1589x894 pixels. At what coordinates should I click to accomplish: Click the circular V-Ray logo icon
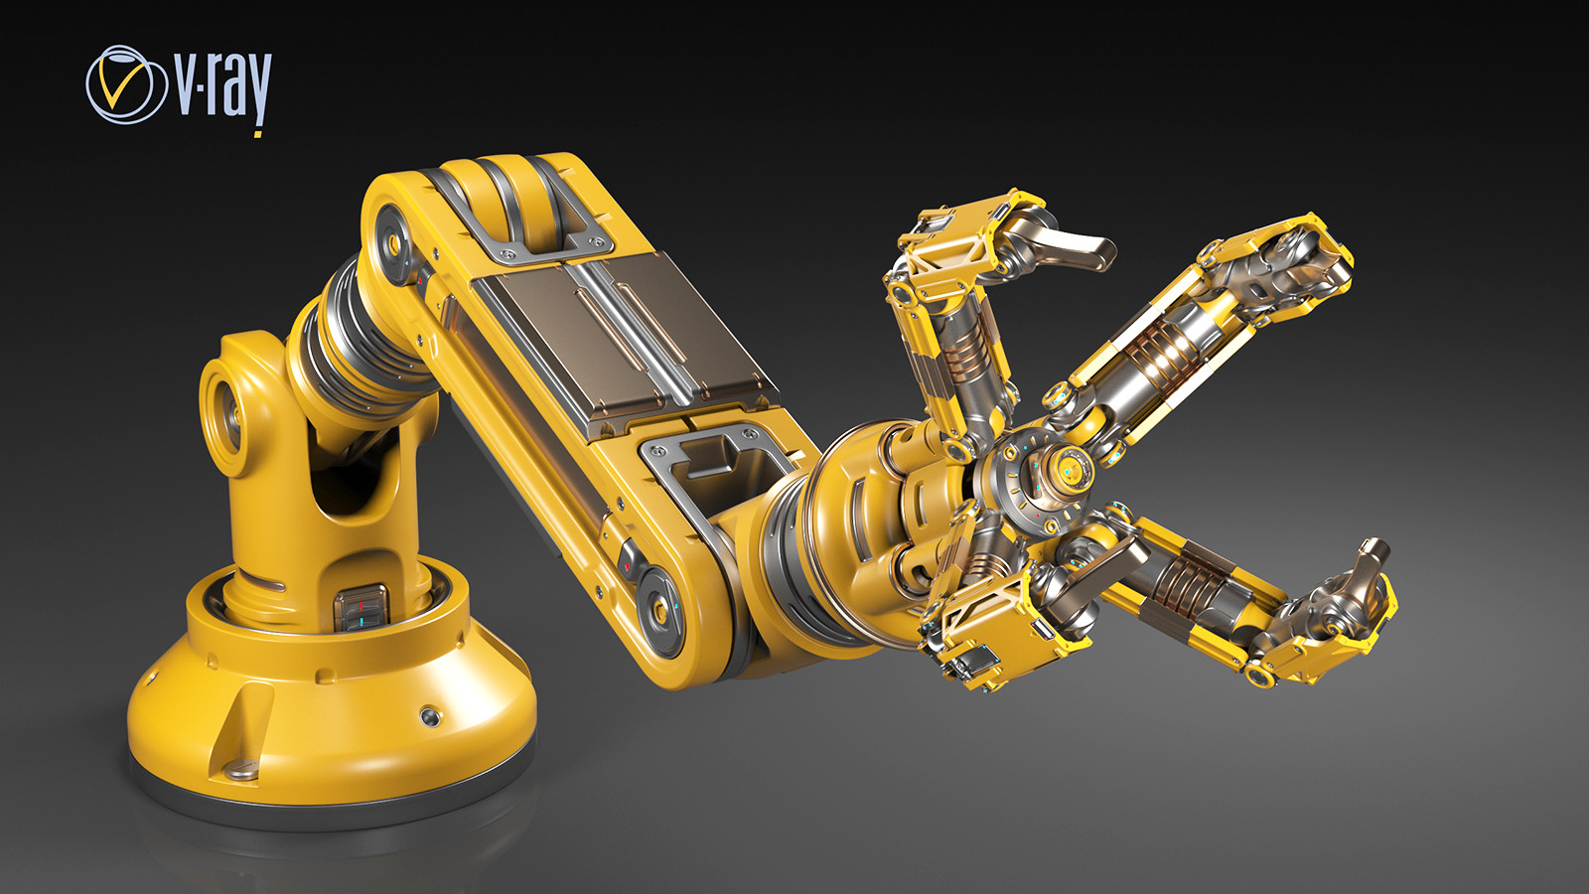pyautogui.click(x=125, y=84)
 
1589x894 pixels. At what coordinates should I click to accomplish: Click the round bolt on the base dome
pyautogui.click(x=429, y=715)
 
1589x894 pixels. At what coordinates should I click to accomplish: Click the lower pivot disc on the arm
pyautogui.click(x=658, y=606)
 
